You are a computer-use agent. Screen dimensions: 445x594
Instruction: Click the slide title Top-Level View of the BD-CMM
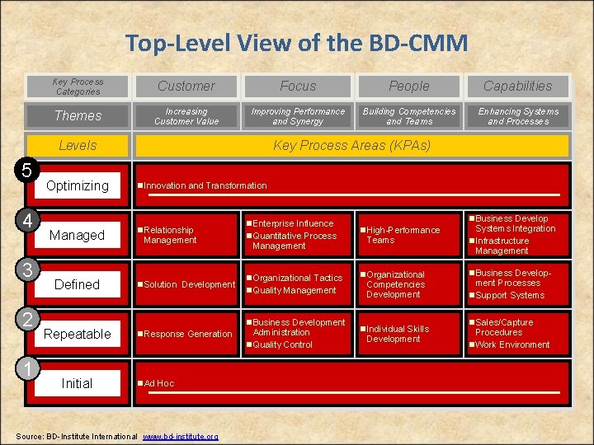[x=296, y=42]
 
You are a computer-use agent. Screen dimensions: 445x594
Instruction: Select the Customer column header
[x=186, y=86]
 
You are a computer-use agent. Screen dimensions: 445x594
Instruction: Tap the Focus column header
[x=298, y=86]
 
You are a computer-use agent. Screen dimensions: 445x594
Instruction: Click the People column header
[x=409, y=86]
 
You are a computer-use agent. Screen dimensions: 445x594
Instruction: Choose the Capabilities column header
[x=517, y=86]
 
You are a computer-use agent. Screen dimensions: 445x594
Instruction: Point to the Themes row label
[x=78, y=116]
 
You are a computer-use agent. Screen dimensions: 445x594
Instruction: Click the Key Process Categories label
[x=78, y=87]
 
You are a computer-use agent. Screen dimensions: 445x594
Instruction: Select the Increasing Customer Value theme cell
[x=186, y=116]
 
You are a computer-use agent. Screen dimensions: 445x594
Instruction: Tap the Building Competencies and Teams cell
[x=409, y=116]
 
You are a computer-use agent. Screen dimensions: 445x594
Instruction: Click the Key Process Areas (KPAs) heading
[x=351, y=145]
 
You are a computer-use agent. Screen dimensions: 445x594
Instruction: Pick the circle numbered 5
[x=27, y=171]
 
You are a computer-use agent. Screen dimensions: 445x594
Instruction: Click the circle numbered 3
[x=27, y=270]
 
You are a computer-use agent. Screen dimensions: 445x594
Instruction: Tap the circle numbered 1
[x=27, y=369]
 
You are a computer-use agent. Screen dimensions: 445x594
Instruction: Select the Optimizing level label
[x=77, y=185]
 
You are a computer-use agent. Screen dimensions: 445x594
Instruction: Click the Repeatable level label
[x=77, y=334]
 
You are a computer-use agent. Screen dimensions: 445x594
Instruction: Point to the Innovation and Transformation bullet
[x=205, y=185]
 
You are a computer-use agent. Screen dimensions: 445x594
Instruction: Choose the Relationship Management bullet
[x=169, y=235]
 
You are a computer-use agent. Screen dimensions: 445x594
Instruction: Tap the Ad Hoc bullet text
[x=158, y=383]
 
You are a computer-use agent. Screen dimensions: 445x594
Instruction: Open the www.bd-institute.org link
[x=180, y=436]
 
